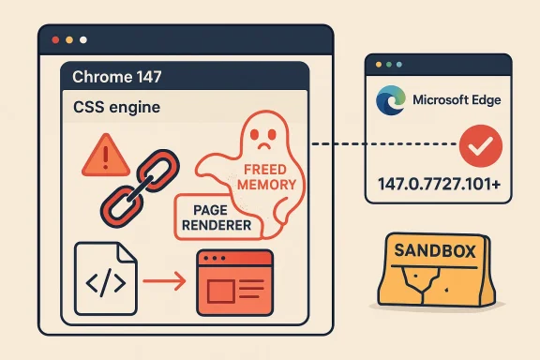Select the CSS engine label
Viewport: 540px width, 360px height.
[116, 108]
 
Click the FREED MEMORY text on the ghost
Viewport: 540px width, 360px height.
[269, 178]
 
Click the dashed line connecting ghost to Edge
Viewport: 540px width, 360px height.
[337, 144]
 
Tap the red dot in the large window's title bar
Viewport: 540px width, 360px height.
[55, 40]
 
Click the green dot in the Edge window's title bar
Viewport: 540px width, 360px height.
[405, 65]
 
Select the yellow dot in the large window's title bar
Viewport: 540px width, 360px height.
[69, 40]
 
